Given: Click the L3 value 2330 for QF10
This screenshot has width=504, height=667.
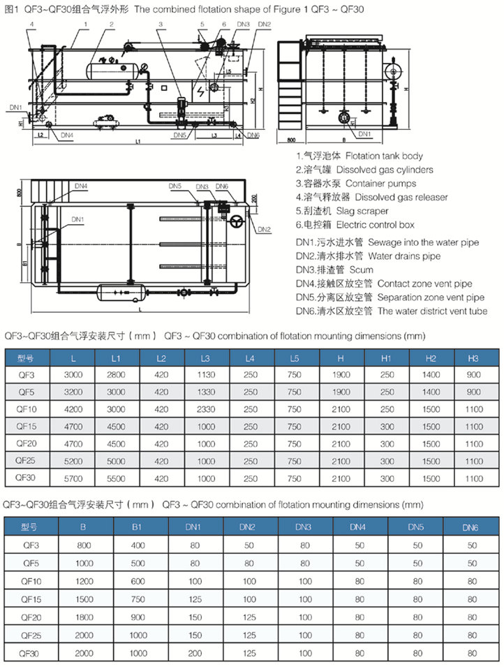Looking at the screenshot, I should coord(205,409).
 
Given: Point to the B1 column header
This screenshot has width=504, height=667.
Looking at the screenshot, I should coord(138,527).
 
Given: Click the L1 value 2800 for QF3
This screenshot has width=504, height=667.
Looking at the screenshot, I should coord(116,374).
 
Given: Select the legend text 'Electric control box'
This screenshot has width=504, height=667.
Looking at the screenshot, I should coord(375,225).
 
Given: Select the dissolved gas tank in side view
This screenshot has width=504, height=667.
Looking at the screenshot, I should coord(107,69).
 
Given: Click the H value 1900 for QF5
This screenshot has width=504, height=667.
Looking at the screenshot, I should coord(341,392).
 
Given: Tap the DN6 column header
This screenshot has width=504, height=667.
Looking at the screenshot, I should coord(473,527).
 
